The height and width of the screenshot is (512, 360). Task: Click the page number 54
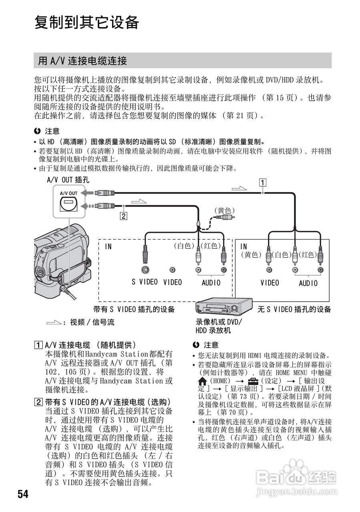click(23, 494)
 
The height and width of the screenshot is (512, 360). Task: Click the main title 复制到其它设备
click(86, 22)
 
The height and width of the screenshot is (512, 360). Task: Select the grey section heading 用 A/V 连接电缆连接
click(82, 61)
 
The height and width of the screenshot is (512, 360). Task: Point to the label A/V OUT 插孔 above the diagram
click(68, 180)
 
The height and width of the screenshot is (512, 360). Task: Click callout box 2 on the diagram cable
click(124, 216)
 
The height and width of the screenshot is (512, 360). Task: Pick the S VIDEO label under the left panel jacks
click(145, 282)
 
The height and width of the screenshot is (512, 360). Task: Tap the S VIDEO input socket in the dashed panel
click(145, 270)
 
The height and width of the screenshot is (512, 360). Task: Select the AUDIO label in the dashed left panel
click(210, 283)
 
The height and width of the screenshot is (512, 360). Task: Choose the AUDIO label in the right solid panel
click(308, 283)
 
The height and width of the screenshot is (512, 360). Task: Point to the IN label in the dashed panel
click(108, 247)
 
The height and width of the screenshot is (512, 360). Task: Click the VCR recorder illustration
click(218, 308)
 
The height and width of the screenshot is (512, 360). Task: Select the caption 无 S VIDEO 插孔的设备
click(294, 309)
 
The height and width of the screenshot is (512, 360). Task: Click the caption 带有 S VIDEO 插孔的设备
click(134, 309)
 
